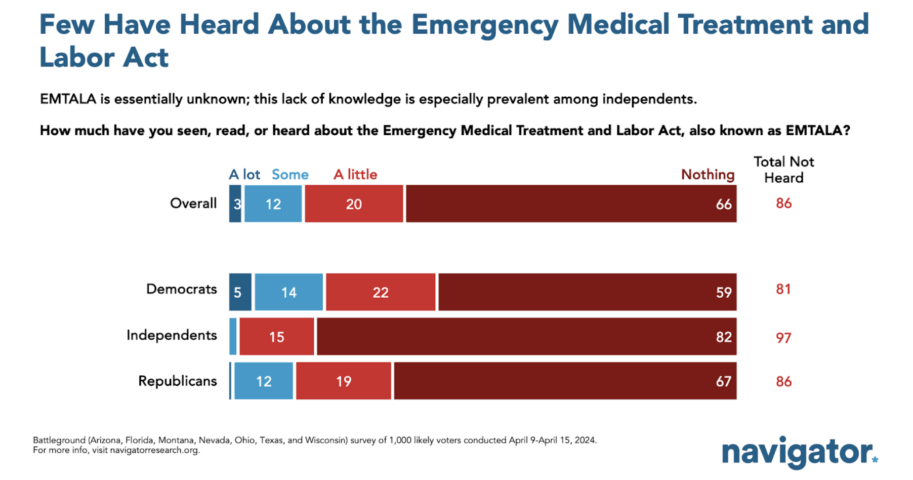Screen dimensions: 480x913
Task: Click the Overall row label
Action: click(x=193, y=204)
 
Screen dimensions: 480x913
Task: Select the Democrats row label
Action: click(x=181, y=289)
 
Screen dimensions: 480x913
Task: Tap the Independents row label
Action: click(x=172, y=335)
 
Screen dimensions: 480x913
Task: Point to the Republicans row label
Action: click(x=177, y=381)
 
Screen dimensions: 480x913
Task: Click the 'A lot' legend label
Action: click(x=244, y=175)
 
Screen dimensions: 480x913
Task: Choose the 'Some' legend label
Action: click(x=290, y=175)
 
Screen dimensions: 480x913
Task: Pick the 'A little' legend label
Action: click(x=355, y=175)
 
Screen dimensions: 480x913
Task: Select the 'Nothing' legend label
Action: click(x=708, y=175)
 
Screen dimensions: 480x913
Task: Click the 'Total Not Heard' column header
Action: click(x=783, y=170)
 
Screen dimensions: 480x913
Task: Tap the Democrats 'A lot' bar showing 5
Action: click(x=240, y=292)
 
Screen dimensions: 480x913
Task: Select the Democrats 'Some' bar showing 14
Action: click(x=288, y=292)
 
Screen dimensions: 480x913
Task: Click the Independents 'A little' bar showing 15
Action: click(x=276, y=337)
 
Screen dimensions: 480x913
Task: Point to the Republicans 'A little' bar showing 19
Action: click(x=344, y=381)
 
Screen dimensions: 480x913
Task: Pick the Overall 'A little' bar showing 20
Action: click(x=354, y=204)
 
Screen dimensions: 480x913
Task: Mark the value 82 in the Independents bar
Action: click(x=724, y=337)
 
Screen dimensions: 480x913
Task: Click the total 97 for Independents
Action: click(x=783, y=338)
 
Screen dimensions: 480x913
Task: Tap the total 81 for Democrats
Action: click(x=783, y=289)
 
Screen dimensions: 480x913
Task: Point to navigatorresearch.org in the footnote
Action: click(x=154, y=450)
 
